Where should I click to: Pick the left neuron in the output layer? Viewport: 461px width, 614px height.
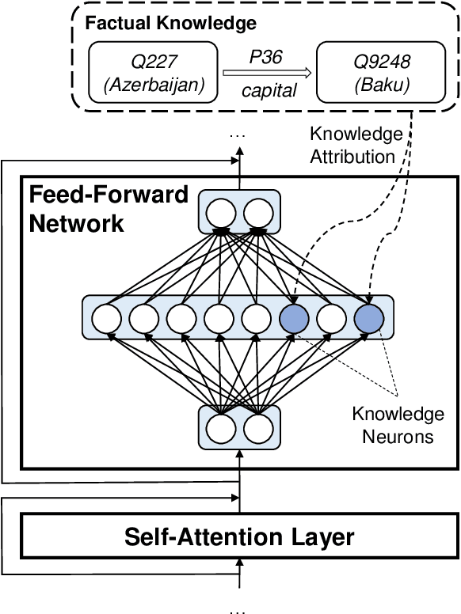point(221,212)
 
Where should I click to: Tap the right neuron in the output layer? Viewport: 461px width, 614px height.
point(259,212)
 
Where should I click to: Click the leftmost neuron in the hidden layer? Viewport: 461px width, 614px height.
point(106,319)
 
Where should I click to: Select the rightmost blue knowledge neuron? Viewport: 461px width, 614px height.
point(369,319)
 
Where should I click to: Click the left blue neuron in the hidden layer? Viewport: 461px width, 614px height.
point(293,319)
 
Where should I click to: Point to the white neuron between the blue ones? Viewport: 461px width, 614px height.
point(331,319)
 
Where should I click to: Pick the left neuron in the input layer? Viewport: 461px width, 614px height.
point(221,428)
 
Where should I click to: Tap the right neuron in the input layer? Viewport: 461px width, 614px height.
point(259,428)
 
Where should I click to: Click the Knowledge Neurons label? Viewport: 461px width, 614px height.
point(398,425)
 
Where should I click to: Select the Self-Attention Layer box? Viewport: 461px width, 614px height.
point(239,537)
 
